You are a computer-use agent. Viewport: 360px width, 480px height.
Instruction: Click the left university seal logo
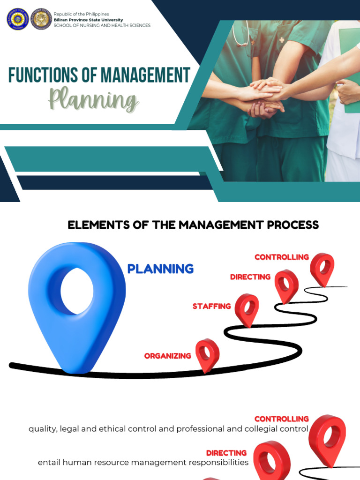pos(17,19)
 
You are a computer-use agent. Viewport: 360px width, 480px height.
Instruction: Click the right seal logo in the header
pos(41,19)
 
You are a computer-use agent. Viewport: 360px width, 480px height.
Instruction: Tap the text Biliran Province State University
pos(88,20)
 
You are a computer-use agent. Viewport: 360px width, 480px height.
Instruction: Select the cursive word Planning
pos(94,100)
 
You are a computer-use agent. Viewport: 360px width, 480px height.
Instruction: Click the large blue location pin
pos(77,300)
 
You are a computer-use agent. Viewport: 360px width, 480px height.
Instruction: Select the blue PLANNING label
pos(160,269)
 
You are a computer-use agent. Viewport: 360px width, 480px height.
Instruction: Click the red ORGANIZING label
pos(167,356)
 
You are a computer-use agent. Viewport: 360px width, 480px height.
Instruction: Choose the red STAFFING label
pos(211,307)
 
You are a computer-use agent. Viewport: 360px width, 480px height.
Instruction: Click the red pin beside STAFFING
pos(247,308)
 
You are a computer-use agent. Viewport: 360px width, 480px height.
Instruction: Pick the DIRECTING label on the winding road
pos(250,277)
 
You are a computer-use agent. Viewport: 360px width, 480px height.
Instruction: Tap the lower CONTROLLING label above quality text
pos(281,419)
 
